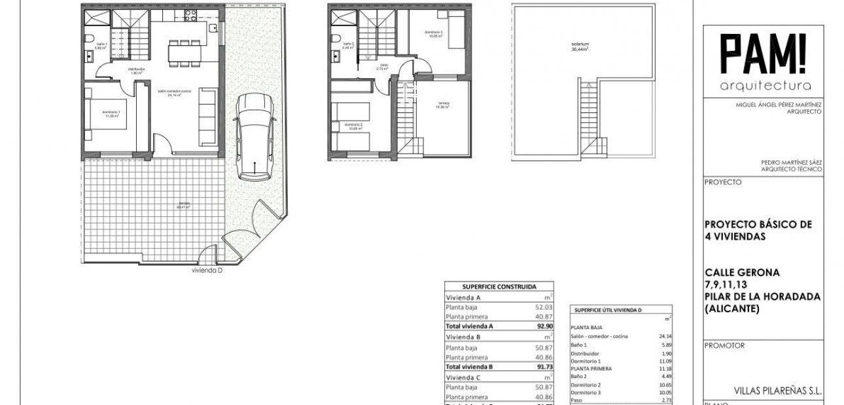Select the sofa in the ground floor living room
(207, 117)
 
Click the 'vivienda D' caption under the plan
(207, 270)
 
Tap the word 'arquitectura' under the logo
(765, 86)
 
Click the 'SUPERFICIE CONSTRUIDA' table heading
(499, 286)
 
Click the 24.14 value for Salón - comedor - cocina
(665, 336)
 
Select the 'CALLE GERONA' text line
(741, 272)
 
